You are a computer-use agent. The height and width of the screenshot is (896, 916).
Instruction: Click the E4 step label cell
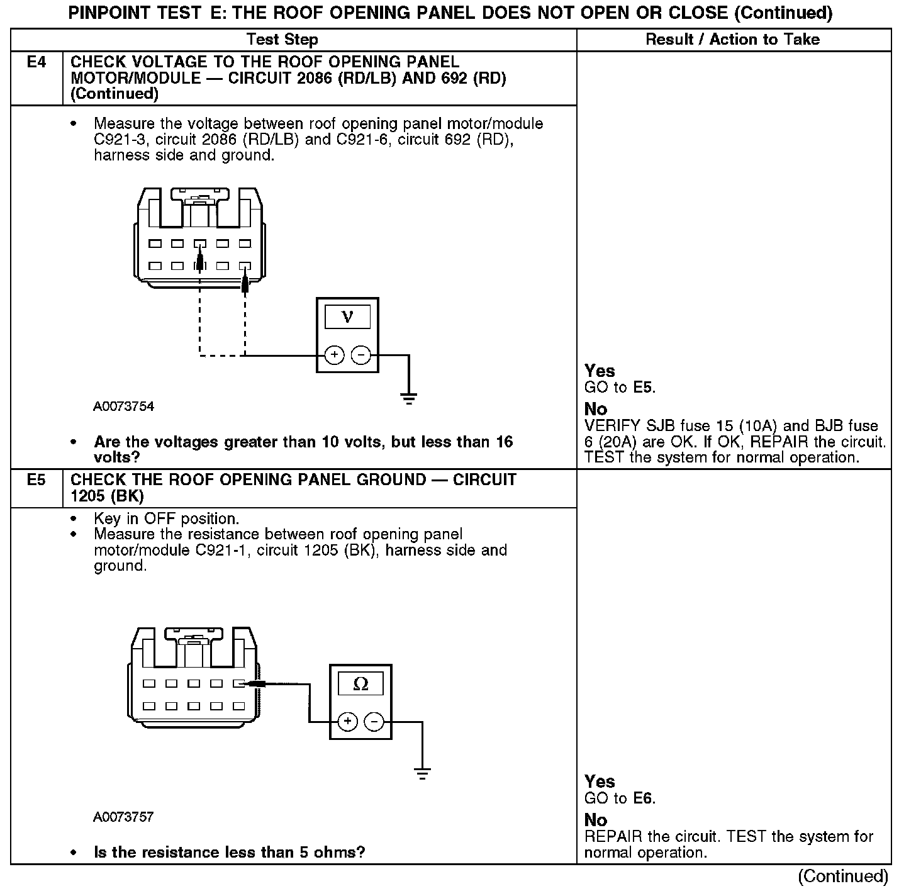pyautogui.click(x=36, y=62)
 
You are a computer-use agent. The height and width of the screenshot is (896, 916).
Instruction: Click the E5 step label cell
pyautogui.click(x=36, y=480)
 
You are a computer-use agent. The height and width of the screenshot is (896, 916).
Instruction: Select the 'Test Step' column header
pyautogui.click(x=282, y=40)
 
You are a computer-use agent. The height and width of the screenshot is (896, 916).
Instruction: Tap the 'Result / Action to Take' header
pyautogui.click(x=732, y=40)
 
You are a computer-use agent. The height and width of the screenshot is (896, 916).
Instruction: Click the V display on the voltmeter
pyautogui.click(x=347, y=317)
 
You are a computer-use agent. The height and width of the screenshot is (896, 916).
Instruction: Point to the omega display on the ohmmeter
pyautogui.click(x=361, y=684)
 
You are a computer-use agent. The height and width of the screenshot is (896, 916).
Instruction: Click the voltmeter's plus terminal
pyautogui.click(x=334, y=356)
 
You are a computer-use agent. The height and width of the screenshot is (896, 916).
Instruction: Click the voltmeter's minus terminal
pyautogui.click(x=360, y=356)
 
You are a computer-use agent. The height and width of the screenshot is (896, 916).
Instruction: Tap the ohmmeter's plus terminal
pyautogui.click(x=348, y=722)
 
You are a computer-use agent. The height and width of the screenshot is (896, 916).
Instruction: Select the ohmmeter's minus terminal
pyautogui.click(x=374, y=722)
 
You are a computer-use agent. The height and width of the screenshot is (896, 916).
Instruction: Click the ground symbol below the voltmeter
pyautogui.click(x=409, y=398)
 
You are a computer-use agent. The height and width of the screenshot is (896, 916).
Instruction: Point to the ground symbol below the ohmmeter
pyautogui.click(x=423, y=773)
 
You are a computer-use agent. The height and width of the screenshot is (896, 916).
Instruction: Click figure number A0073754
pyautogui.click(x=124, y=406)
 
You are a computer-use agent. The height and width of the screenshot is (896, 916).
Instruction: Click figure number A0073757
pyautogui.click(x=124, y=817)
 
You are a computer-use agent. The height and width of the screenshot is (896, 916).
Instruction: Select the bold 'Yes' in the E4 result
pyautogui.click(x=600, y=371)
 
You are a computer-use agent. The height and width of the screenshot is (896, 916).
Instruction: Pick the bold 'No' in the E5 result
pyautogui.click(x=596, y=820)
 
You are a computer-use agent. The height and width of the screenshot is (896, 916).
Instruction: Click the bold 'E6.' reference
pyautogui.click(x=644, y=798)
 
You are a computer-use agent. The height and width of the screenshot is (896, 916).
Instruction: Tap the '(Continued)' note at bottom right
pyautogui.click(x=843, y=876)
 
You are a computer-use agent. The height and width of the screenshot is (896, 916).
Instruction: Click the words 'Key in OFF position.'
pyautogui.click(x=167, y=519)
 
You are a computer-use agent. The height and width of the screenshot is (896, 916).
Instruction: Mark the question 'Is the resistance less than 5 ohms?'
pyautogui.click(x=229, y=853)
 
